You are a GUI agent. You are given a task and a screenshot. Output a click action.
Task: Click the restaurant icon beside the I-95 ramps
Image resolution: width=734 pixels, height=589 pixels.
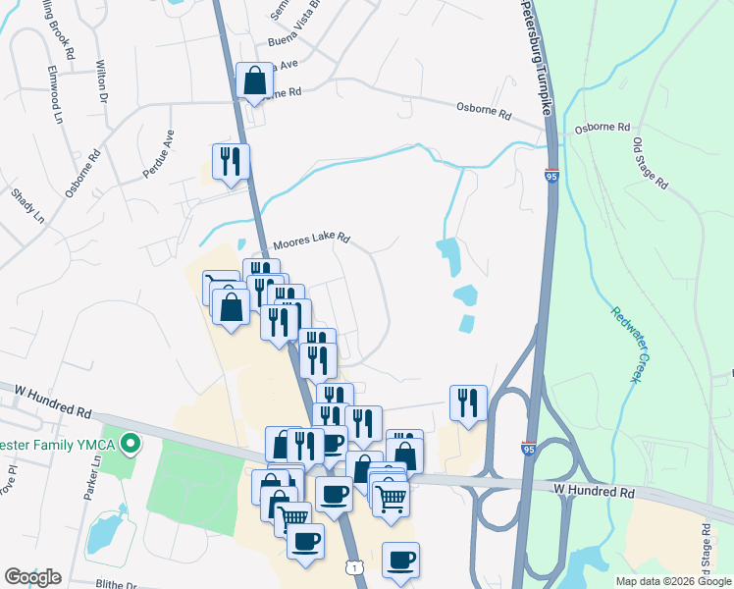468,402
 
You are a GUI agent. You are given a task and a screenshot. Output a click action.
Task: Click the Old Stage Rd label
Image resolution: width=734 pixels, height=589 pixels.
650,163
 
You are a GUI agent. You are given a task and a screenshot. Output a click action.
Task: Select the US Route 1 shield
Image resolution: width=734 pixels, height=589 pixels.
352,567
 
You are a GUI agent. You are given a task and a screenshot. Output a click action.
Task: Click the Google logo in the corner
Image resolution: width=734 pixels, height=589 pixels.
32,576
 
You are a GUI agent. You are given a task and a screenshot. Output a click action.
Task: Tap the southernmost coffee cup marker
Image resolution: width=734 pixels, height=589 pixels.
400,560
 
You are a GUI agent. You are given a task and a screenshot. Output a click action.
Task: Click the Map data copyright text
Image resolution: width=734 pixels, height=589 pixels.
672,581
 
